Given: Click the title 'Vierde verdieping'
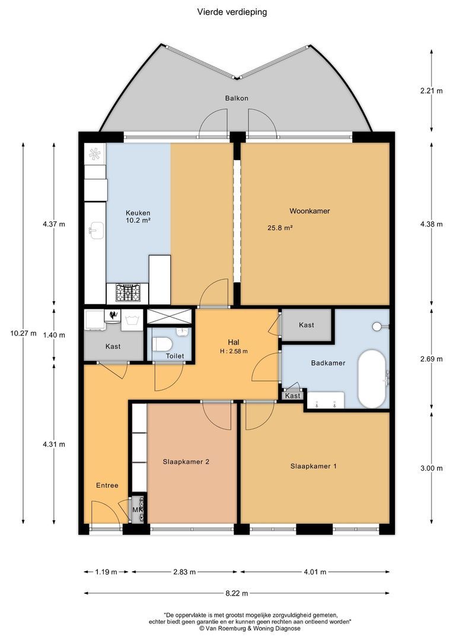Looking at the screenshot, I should [232, 12].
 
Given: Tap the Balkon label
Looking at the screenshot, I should [236, 98].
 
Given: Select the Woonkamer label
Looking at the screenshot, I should [310, 211].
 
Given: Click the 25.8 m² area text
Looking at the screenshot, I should [281, 227].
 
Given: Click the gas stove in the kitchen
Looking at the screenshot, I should [127, 293].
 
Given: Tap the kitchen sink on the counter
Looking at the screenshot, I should [95, 230].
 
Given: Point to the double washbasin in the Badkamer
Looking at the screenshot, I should [326, 401].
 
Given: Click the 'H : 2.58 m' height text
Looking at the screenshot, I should [233, 351].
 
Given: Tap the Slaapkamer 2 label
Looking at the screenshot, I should [186, 462].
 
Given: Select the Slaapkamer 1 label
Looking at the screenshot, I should [314, 466].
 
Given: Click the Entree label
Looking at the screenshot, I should [107, 485].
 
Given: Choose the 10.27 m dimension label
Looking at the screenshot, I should [23, 333].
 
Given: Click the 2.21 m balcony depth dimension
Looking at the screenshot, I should [431, 91].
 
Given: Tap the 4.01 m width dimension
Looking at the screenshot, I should [314, 572].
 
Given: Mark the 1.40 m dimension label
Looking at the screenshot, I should [54, 335].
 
